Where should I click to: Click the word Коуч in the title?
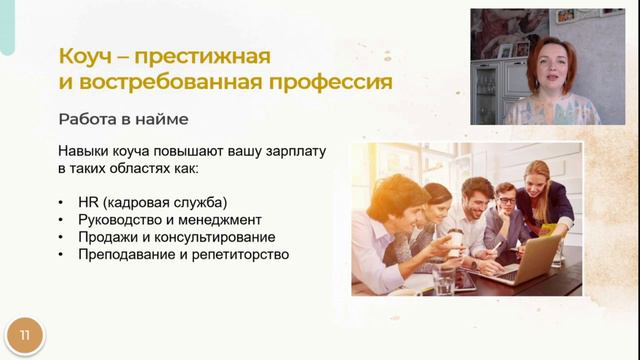(83, 54)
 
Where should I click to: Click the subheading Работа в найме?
(123, 119)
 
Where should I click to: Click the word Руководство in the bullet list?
(121, 219)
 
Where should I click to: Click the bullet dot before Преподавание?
(63, 255)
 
